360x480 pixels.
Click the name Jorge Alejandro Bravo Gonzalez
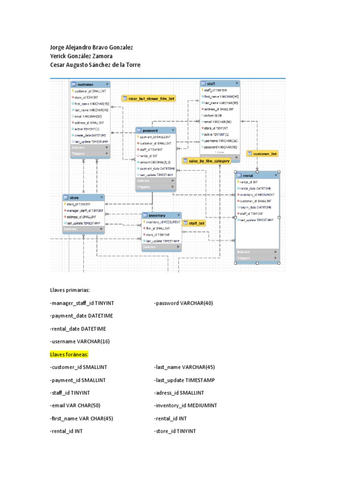coord(91,47)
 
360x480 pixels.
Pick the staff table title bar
coord(220,83)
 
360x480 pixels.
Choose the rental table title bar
coord(257,175)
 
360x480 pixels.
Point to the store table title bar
coord(83,197)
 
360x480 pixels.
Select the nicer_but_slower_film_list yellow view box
coord(149,98)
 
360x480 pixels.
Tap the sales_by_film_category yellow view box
coord(207,161)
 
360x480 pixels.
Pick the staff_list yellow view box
coord(194,224)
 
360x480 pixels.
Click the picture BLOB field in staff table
coord(213,115)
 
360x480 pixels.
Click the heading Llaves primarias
coord(69,290)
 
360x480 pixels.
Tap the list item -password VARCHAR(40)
coord(183,303)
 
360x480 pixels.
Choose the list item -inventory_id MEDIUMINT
coord(185,405)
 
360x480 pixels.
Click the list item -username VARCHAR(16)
coord(80,341)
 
